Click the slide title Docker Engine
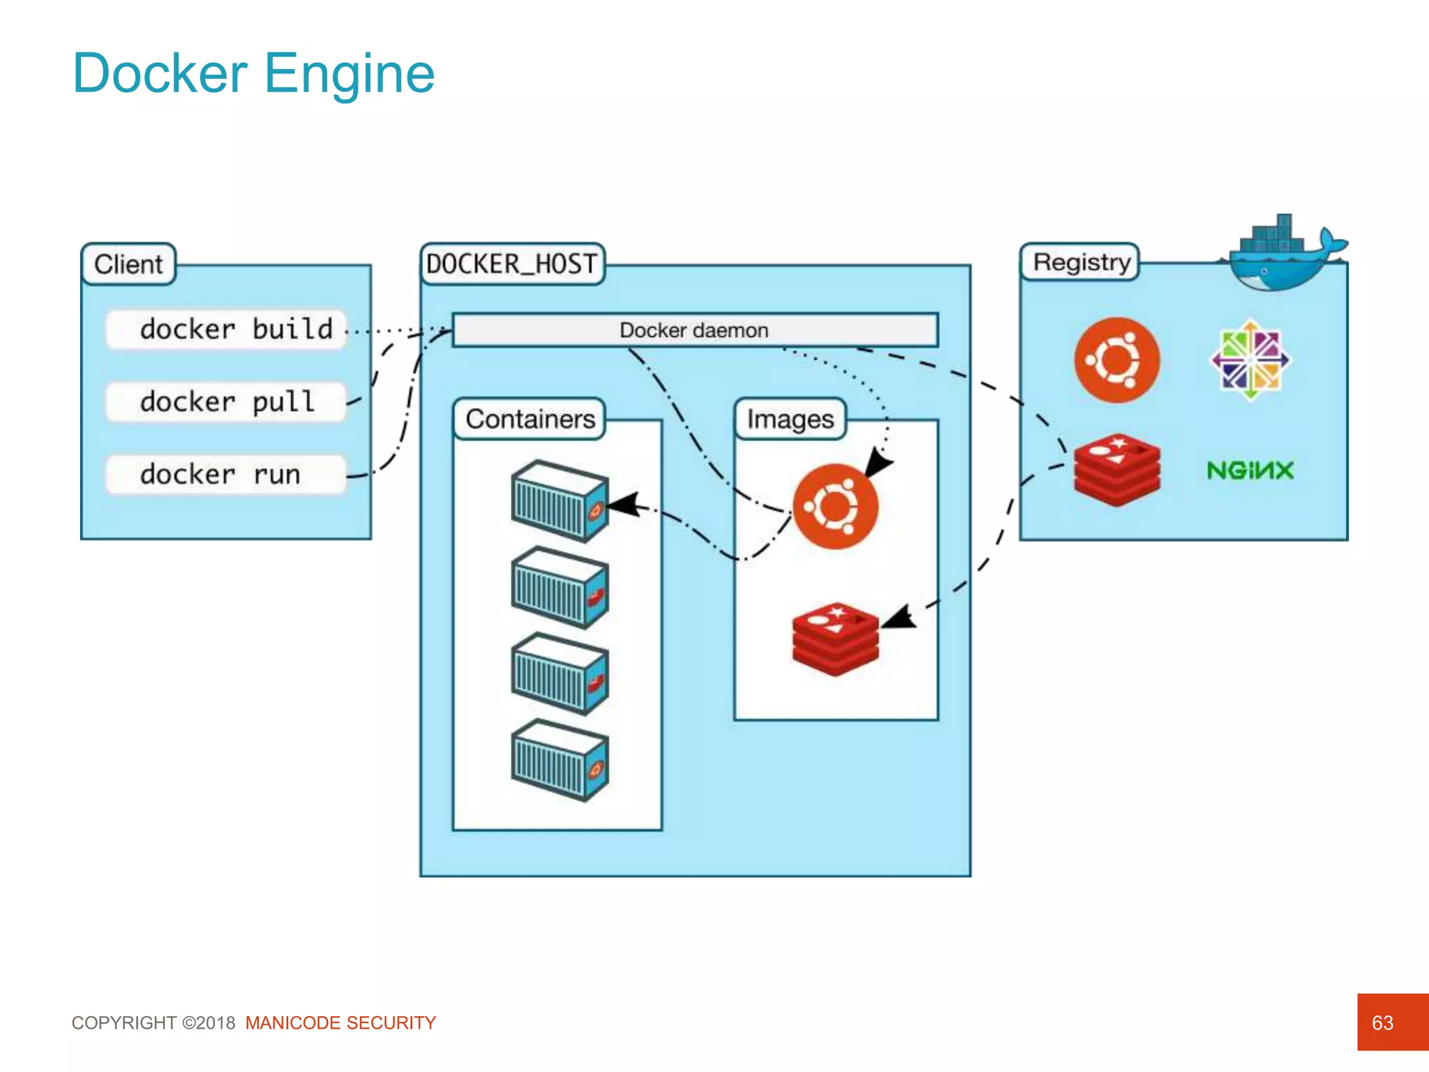(253, 73)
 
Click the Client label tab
(128, 265)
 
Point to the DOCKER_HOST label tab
(512, 265)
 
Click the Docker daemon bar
(694, 330)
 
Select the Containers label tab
(530, 419)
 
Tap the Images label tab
(790, 419)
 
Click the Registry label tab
(1080, 262)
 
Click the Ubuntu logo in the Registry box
(1116, 360)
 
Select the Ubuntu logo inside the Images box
(835, 507)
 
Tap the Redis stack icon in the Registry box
(1116, 469)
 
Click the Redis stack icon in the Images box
(835, 639)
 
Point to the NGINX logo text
(1250, 470)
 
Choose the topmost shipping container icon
(560, 501)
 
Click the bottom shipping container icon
(560, 760)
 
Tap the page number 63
(1382, 1022)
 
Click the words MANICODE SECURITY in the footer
(341, 1023)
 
